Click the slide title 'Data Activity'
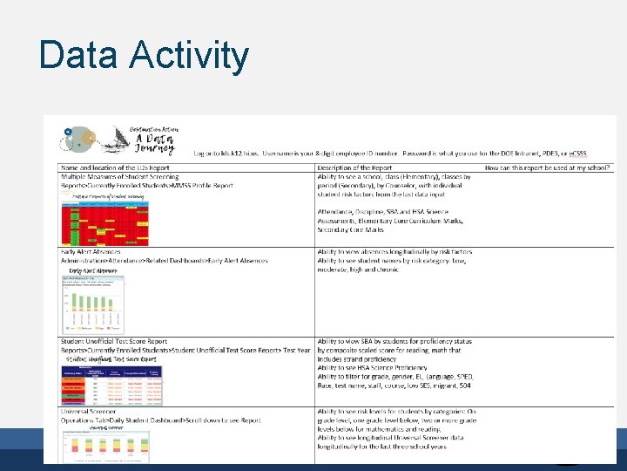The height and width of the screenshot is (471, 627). tap(144, 55)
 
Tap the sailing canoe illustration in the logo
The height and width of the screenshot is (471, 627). tap(110, 139)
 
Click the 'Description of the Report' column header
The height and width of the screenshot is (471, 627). tap(367, 167)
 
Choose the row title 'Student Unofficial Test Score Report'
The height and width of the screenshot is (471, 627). tap(114, 341)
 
